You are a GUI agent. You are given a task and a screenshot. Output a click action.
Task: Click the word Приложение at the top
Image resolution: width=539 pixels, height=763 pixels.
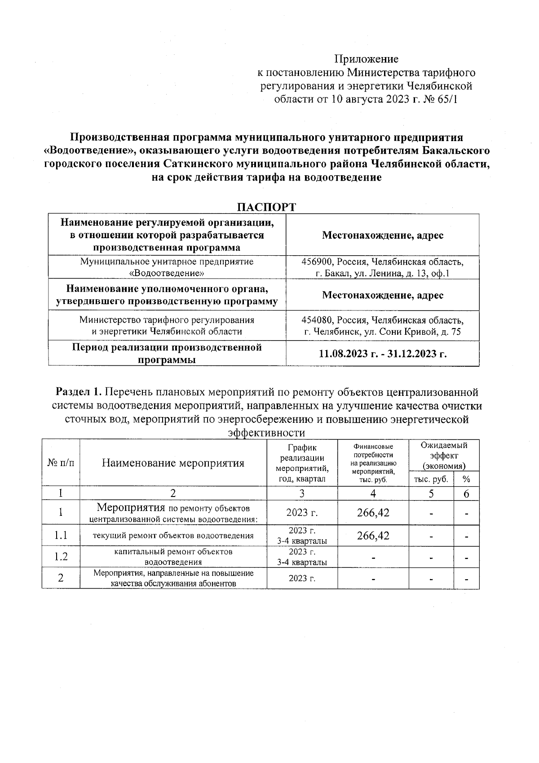366,59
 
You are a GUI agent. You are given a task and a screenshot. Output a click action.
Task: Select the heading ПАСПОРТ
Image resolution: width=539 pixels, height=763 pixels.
266,207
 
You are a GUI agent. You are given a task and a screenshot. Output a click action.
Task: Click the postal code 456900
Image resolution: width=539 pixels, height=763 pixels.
317,262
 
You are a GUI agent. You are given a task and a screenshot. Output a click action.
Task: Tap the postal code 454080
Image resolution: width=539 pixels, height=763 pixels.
317,320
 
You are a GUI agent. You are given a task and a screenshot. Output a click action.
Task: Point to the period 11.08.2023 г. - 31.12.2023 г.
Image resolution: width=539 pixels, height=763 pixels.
382,353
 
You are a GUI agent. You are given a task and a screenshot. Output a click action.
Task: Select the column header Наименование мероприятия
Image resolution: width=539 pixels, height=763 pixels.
173,463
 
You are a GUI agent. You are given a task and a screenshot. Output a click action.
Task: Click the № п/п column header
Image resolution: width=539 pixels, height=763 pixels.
61,463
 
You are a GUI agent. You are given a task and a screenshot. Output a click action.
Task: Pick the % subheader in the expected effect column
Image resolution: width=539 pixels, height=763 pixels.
466,479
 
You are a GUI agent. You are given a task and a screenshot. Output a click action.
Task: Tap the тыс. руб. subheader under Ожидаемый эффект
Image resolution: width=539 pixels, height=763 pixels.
430,479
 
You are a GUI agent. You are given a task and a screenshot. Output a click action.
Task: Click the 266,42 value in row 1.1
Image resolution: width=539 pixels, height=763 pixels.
373,536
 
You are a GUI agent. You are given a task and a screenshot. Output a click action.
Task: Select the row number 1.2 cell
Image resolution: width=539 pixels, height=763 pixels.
61,557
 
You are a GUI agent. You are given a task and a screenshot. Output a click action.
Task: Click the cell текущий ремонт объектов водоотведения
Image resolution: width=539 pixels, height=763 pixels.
173,536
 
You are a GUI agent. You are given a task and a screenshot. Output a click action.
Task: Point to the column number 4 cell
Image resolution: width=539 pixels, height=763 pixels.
373,494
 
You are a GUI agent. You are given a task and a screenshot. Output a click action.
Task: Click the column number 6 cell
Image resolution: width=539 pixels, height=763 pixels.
466,494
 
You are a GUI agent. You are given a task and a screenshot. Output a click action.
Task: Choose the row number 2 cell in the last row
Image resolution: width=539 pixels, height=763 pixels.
61,578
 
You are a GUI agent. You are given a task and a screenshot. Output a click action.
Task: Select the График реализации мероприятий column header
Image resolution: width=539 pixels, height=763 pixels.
302,463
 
